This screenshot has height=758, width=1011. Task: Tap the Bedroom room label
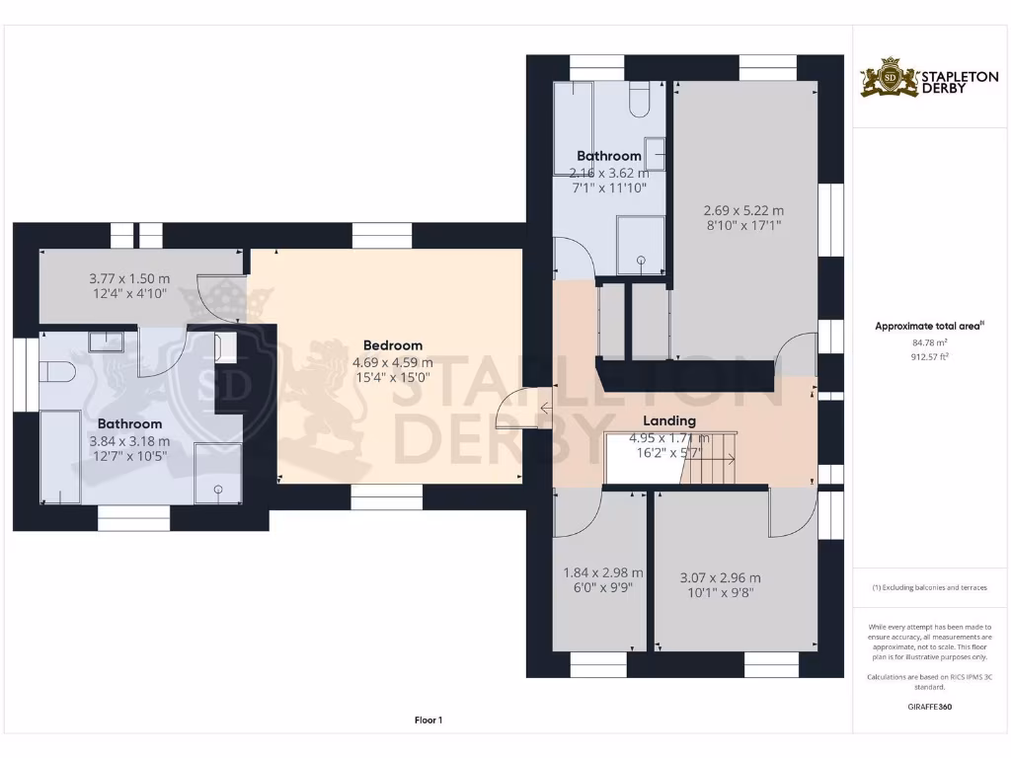point(392,345)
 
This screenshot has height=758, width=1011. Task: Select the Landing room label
point(669,420)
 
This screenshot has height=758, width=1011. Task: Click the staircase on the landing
point(708,459)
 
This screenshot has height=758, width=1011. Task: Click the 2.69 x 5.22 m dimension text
point(743,210)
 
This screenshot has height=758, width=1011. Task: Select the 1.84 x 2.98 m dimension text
point(602,572)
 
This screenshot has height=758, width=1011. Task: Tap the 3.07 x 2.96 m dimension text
point(721,578)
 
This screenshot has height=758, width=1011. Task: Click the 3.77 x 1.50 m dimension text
point(129,278)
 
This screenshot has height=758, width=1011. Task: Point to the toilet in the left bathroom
point(59,374)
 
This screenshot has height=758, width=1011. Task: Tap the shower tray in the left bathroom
point(217,473)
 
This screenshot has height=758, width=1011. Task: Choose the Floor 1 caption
point(428,720)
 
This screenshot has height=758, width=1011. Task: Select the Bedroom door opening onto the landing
point(516,408)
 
